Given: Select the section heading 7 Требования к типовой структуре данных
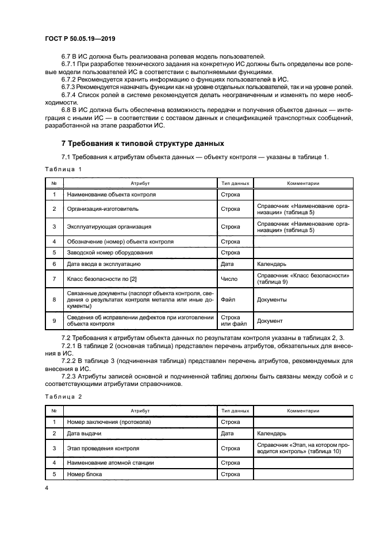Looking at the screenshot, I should (143, 143).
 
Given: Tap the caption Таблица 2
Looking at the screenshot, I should (63, 397).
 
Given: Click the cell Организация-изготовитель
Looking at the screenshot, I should (101, 209).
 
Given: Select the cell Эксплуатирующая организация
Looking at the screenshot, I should (109, 226).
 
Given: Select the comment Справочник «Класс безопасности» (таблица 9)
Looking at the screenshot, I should (304, 279).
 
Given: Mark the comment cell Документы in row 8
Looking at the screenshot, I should (272, 299).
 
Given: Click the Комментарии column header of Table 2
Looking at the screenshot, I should (304, 411).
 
